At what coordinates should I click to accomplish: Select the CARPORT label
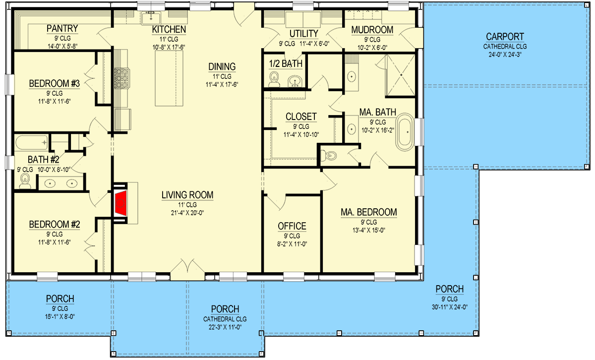pyautogui.click(x=506, y=36)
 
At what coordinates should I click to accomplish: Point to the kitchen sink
pyautogui.click(x=149, y=19)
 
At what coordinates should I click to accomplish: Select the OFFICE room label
pyautogui.click(x=292, y=226)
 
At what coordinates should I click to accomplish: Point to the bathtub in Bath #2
pyautogui.click(x=31, y=143)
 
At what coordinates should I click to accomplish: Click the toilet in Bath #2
pyautogui.click(x=25, y=183)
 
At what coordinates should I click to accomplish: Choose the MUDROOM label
pyautogui.click(x=372, y=30)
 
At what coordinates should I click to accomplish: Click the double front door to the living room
pyautogui.click(x=187, y=269)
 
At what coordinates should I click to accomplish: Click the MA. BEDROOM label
pyautogui.click(x=368, y=212)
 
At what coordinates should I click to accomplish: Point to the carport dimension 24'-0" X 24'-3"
pyautogui.click(x=506, y=55)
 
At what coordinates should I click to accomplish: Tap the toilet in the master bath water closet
pyautogui.click(x=331, y=155)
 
